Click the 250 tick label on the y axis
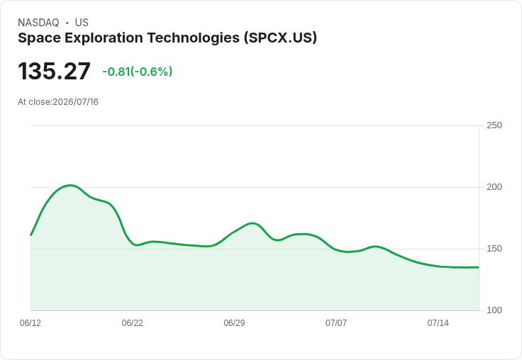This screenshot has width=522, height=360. point(494,125)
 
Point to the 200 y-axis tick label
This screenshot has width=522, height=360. point(494,187)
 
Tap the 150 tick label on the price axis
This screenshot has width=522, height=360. point(494,249)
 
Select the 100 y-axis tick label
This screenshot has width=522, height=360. point(494,310)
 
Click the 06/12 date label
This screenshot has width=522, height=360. point(30,322)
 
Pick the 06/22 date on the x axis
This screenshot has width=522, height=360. point(132,322)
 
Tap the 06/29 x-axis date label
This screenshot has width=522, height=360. point(234,322)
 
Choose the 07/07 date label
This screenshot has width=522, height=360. point(336,322)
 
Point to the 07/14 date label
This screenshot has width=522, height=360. point(438,322)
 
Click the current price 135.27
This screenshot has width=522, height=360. point(54,71)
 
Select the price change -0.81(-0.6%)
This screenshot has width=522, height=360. point(137,72)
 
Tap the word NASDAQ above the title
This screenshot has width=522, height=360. point(38,23)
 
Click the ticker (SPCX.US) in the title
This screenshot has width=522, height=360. point(280,38)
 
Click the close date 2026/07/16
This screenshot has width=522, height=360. point(76,102)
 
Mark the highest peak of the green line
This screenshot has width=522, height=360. point(70,186)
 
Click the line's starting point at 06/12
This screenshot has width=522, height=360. point(30,235)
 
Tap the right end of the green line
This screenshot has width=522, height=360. point(479,267)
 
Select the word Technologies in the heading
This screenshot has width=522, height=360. point(194,38)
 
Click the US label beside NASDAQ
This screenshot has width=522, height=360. point(82,23)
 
